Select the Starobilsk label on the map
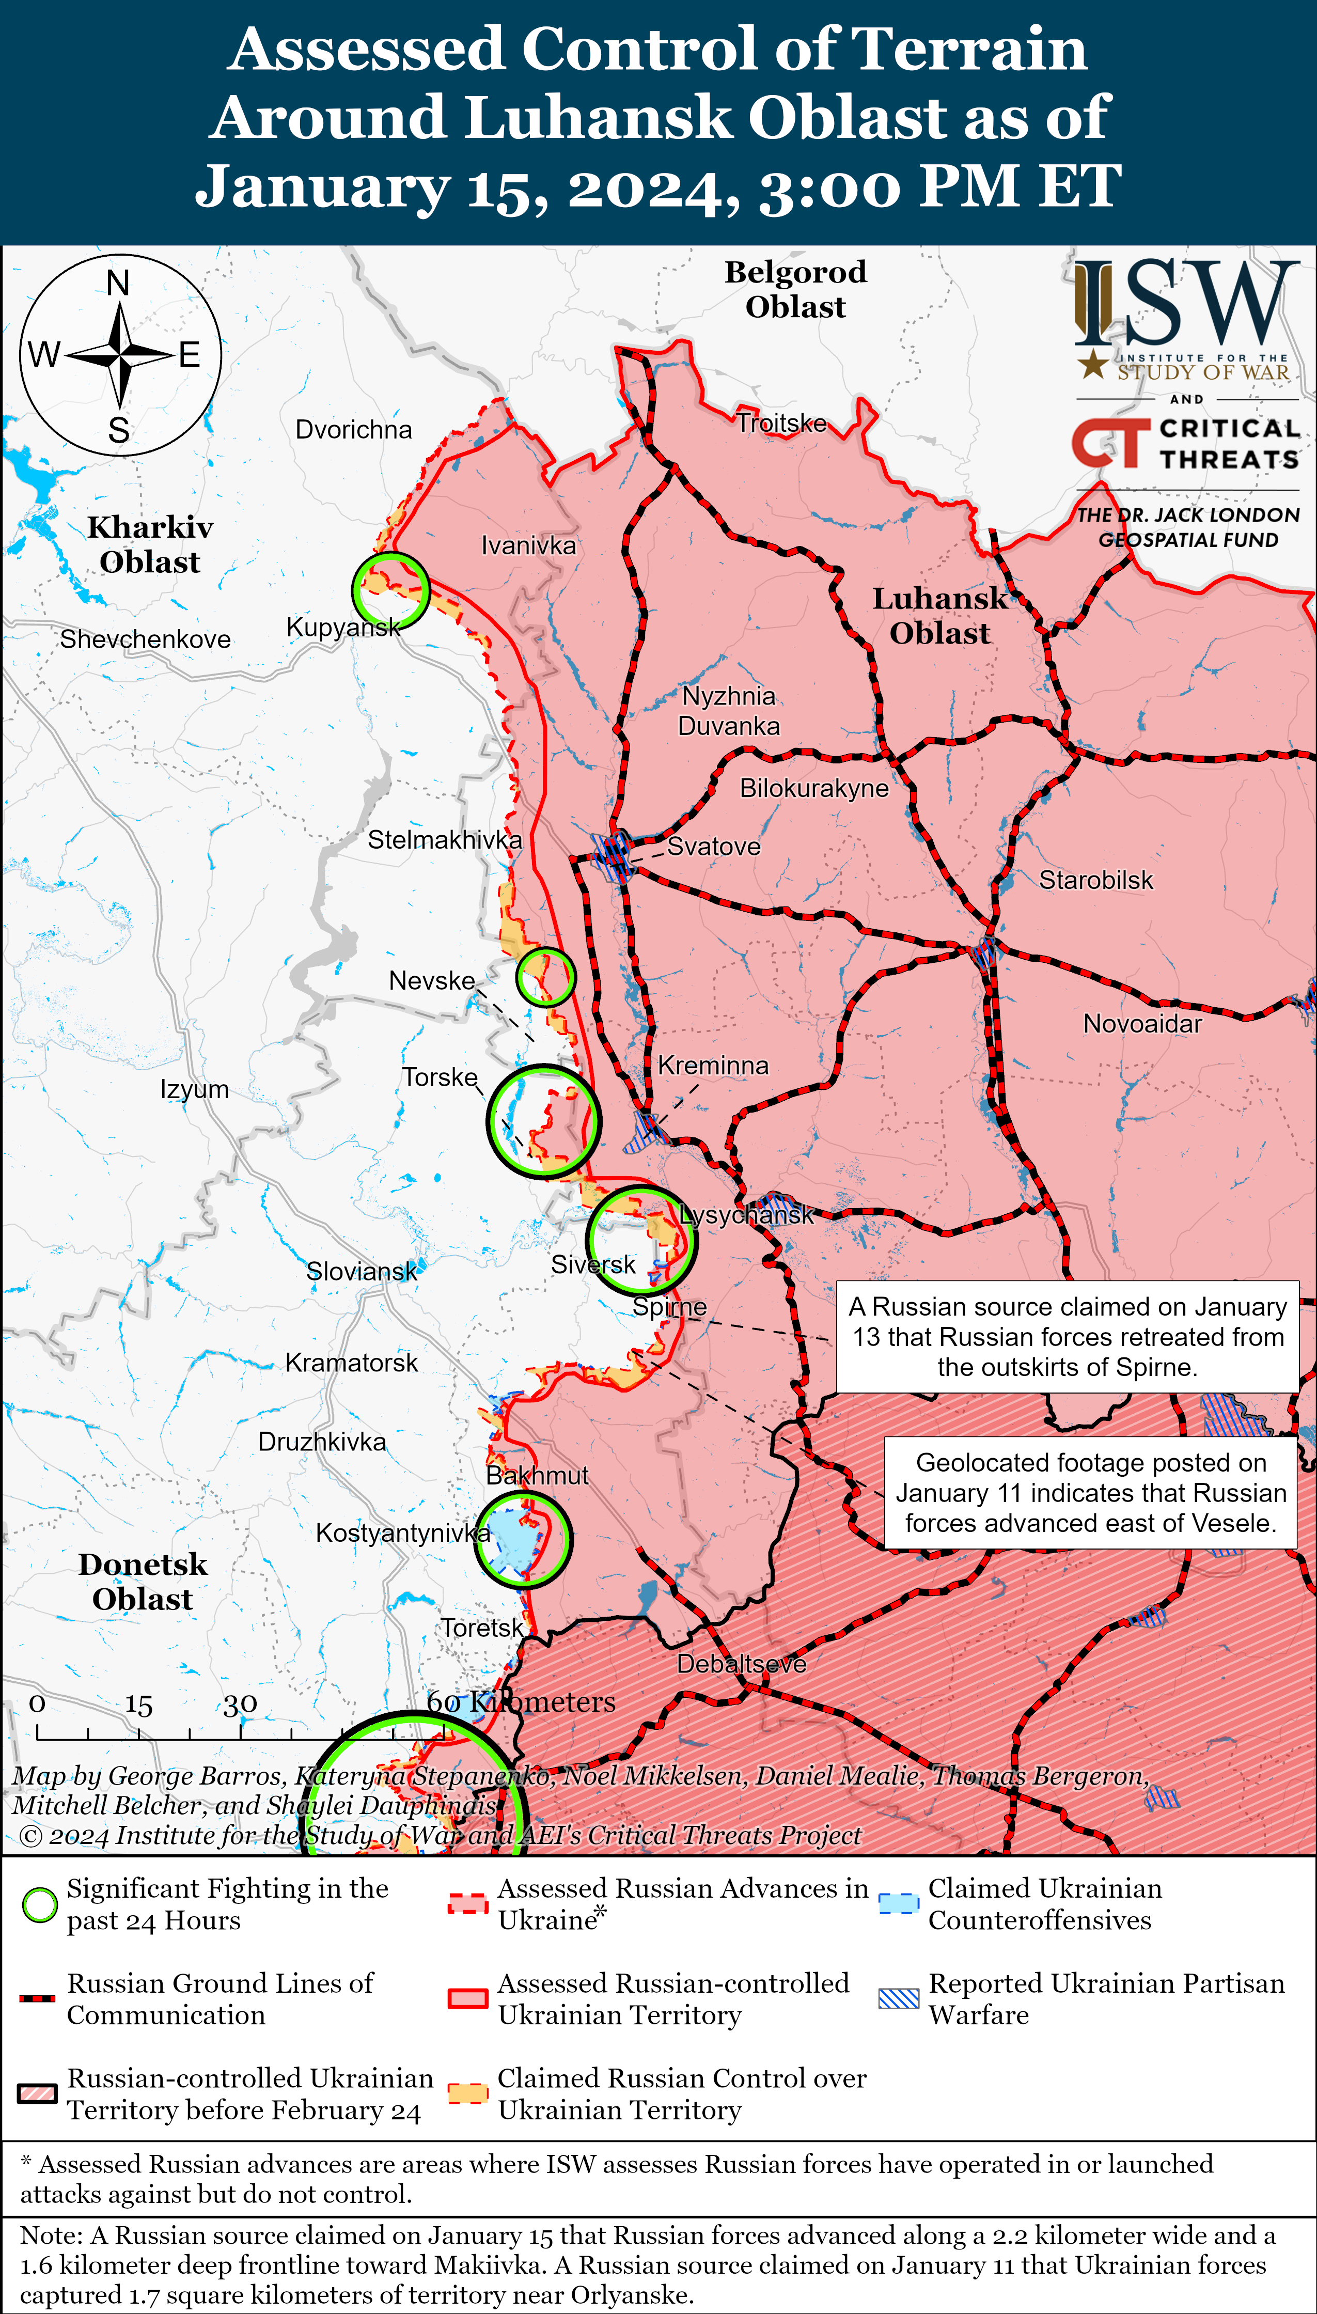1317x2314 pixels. (x=1095, y=880)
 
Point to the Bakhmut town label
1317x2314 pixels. (x=537, y=1475)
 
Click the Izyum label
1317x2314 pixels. (x=195, y=1089)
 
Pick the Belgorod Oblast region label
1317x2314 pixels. (x=795, y=289)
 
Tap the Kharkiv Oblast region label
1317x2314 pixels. (x=150, y=544)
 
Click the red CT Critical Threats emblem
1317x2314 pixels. (x=1109, y=443)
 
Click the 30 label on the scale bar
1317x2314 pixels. (x=240, y=1705)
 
